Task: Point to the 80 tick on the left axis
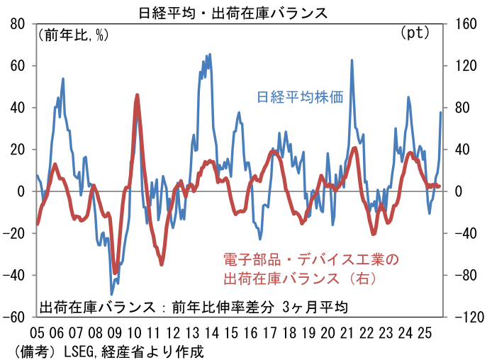[16, 23]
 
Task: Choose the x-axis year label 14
[211, 332]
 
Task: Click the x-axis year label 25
[425, 332]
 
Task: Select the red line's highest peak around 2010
[137, 95]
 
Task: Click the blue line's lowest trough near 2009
[111, 294]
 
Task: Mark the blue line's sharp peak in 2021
[352, 60]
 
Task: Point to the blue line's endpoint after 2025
[441, 112]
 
